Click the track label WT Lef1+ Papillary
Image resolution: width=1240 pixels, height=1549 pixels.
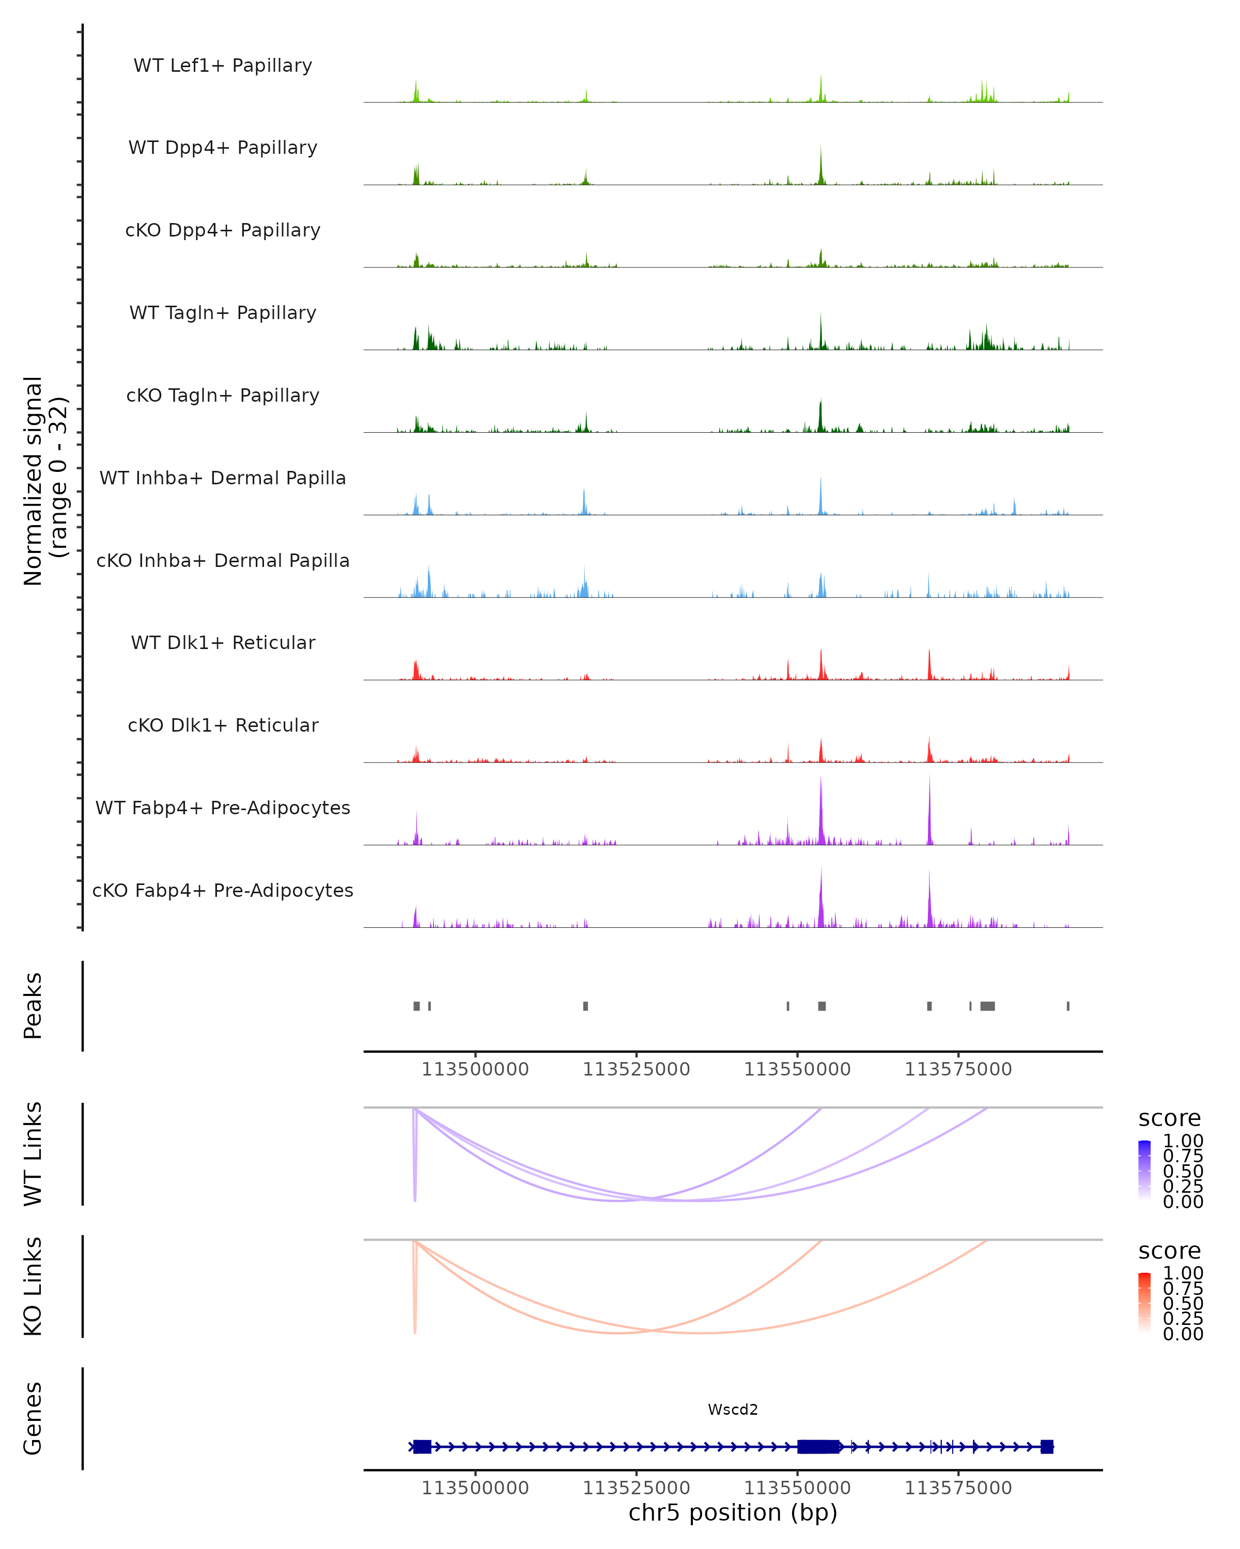(223, 66)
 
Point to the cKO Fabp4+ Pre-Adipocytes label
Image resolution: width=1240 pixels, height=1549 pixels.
(223, 890)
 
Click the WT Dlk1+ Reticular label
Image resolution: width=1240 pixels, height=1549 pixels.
(223, 642)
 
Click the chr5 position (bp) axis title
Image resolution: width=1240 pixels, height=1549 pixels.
(733, 1512)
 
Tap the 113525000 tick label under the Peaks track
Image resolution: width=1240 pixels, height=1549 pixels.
(636, 1069)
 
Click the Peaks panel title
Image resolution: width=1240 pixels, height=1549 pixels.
(33, 1005)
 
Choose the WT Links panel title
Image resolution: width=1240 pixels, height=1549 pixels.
(33, 1153)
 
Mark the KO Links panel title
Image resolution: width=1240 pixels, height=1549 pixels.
(33, 1286)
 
